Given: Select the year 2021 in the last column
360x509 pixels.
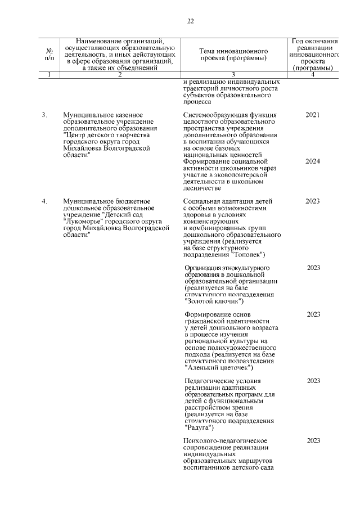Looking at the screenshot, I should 313,115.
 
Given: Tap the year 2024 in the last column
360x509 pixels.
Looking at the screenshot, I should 313,161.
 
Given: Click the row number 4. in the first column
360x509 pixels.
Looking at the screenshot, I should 44,200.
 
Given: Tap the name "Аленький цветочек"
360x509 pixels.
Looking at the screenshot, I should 219,368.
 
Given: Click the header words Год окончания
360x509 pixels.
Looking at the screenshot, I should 315,41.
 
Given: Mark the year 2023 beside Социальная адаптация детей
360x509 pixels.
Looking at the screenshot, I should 313,200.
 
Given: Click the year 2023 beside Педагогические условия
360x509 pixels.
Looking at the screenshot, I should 314,381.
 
